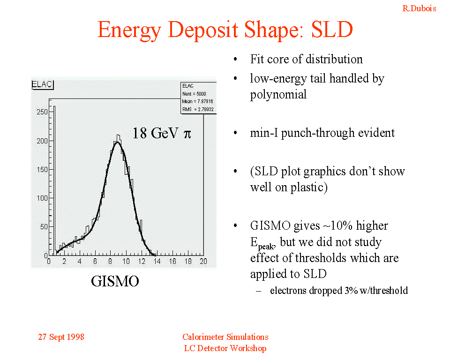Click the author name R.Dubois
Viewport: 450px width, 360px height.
click(x=419, y=8)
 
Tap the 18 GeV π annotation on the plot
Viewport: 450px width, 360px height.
click(x=162, y=133)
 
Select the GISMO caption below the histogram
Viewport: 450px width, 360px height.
click(x=115, y=281)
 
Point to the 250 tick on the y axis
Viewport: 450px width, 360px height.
click(x=42, y=112)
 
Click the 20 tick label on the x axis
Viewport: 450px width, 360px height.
click(x=203, y=262)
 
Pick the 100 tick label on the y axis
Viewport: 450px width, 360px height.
click(x=42, y=198)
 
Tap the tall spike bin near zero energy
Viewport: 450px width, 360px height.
click(x=54, y=178)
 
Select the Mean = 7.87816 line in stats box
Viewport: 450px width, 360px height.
click(x=198, y=101)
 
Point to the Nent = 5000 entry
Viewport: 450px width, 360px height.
click(x=194, y=94)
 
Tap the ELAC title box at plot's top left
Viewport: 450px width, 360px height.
click(x=43, y=85)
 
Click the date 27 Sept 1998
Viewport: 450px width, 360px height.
click(x=61, y=337)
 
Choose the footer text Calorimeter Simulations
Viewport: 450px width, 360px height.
click(x=225, y=337)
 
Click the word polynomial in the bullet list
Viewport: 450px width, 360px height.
click(x=278, y=94)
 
